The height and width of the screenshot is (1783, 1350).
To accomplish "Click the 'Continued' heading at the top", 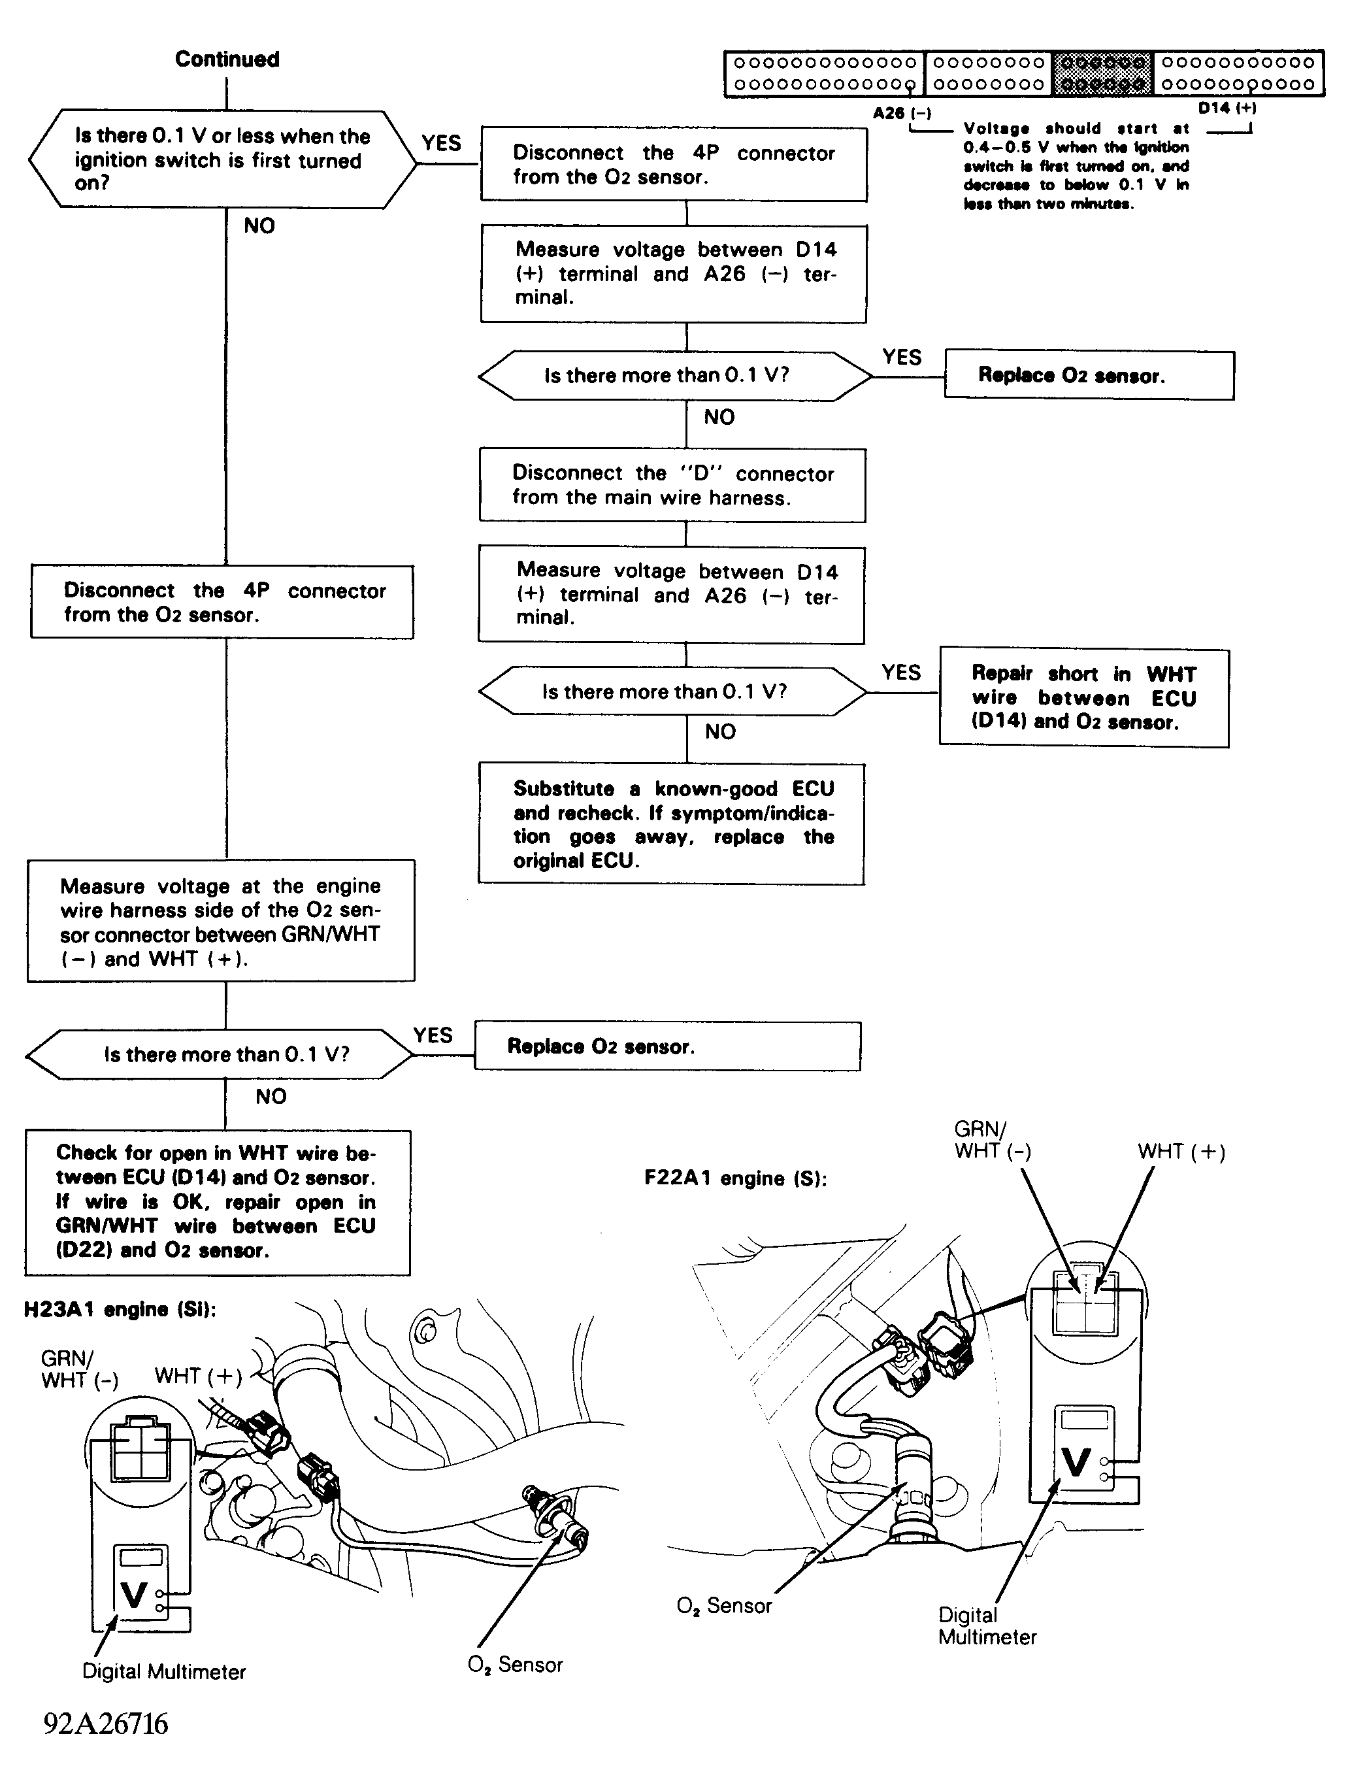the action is point(227,59).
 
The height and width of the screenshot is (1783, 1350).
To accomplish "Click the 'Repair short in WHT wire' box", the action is point(1084,698).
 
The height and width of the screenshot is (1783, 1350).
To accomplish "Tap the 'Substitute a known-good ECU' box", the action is point(671,824).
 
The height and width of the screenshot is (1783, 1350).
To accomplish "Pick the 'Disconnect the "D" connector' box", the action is point(672,485).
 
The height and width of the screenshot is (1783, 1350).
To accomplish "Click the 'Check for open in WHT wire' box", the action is point(218,1202).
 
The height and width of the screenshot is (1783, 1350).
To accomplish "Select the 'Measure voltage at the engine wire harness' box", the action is point(221,920).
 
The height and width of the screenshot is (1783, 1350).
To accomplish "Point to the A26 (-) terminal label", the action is point(902,114).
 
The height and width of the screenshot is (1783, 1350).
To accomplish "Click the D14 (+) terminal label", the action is point(1227,108).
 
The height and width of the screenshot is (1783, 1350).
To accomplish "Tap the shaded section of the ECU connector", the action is point(1102,73).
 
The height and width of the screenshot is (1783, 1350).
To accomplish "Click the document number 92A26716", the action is point(106,1724).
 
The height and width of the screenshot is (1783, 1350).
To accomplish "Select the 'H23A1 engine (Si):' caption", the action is point(120,1309).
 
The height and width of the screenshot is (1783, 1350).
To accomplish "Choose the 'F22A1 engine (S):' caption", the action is point(736,1178).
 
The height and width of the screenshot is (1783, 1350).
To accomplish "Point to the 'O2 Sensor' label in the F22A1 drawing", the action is point(725,1607).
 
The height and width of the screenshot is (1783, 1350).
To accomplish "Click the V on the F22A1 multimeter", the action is point(1077,1462).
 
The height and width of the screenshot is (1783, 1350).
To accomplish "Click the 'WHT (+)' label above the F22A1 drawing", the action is point(1181,1152).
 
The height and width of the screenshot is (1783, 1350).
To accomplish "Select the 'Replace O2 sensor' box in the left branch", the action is point(667,1046).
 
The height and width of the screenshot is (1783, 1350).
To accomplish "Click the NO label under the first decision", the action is point(259,225).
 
